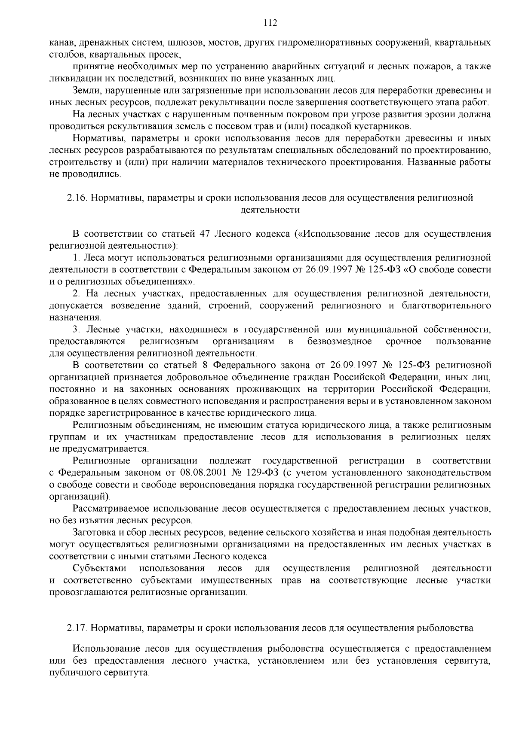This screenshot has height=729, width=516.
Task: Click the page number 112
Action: [270, 23]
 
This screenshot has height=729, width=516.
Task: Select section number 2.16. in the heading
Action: [77, 198]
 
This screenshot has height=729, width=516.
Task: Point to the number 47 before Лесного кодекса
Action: [205, 234]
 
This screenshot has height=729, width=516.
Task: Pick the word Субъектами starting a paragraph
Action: [99, 568]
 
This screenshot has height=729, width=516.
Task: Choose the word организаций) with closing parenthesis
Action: [80, 497]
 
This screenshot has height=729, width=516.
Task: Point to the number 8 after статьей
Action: [205, 366]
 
